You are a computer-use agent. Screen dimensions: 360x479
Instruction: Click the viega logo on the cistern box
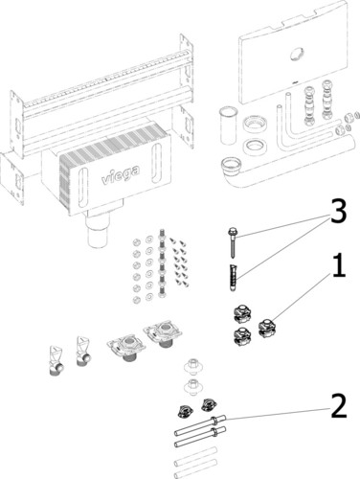coord(121,174)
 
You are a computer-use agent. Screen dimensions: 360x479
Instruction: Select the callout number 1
coord(339,265)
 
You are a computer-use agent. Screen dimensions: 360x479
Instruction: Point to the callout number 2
coord(339,405)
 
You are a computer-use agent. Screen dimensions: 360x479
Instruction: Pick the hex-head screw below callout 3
coord(233,242)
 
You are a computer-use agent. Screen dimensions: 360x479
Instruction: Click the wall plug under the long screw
coord(234,277)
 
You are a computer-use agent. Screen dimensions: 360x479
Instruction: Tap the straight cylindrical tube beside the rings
coord(229,126)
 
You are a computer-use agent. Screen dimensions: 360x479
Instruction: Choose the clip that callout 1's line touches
coord(268,329)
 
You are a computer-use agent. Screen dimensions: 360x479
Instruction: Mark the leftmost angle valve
coord(56,360)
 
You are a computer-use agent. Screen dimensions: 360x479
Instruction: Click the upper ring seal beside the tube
coord(254,124)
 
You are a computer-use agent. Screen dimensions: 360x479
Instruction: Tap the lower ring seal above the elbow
coord(255,147)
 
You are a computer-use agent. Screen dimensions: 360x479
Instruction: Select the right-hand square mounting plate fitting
coord(164,334)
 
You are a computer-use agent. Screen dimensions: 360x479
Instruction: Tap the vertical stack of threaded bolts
coord(161,262)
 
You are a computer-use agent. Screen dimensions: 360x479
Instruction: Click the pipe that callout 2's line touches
coord(200,424)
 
